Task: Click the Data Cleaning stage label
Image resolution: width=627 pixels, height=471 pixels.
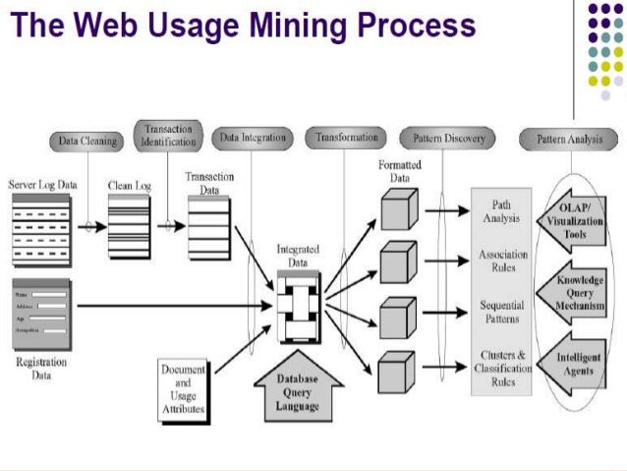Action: [x=87, y=142]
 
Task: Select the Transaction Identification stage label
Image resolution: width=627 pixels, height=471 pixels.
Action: [x=168, y=136]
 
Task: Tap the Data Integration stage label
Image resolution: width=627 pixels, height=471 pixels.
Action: [x=253, y=139]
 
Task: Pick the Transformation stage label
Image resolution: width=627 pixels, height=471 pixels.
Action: [x=347, y=139]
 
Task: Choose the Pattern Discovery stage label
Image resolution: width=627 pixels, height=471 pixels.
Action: [x=449, y=140]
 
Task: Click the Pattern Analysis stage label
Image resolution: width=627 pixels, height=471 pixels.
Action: [x=569, y=140]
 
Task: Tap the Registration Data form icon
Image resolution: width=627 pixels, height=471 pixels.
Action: [x=41, y=313]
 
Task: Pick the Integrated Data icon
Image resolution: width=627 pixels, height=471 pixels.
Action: [x=298, y=306]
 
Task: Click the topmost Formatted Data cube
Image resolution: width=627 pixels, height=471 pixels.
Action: [x=398, y=209]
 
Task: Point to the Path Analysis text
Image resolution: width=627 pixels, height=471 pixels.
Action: [x=502, y=211]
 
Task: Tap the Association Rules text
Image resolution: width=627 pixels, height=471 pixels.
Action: [x=502, y=262]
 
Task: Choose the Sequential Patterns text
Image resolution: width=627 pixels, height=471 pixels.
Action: [x=502, y=313]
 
